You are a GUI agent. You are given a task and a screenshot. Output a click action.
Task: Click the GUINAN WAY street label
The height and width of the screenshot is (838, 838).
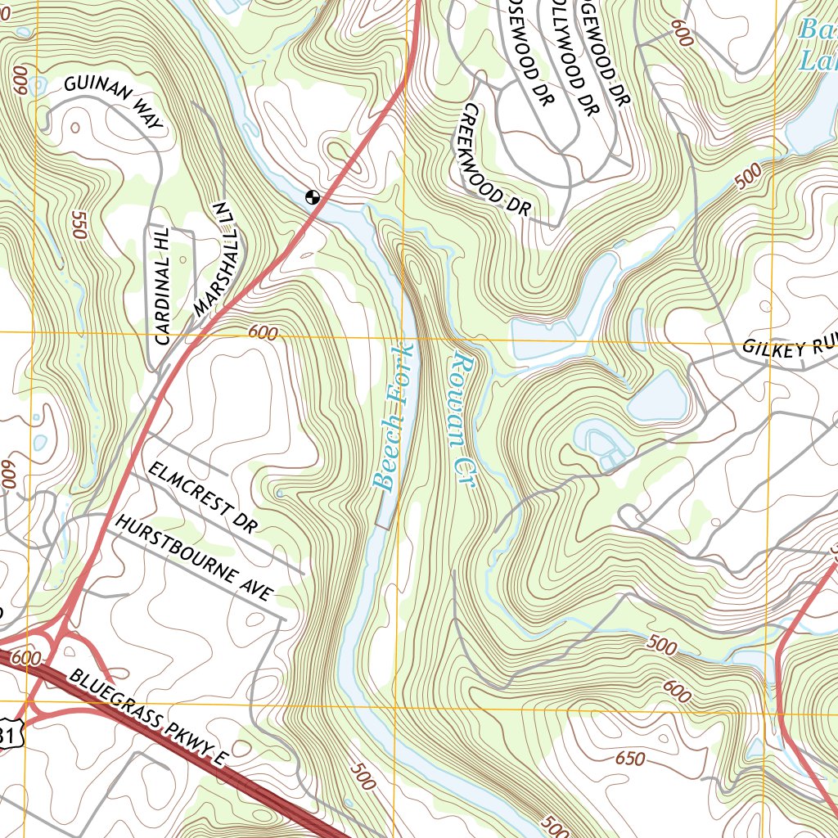click(114, 103)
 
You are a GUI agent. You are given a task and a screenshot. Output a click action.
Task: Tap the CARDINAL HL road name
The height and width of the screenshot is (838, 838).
click(160, 286)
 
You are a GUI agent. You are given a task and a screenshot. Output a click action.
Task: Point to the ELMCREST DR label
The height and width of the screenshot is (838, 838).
click(201, 498)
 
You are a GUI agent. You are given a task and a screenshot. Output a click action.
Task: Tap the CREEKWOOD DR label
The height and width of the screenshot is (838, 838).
click(495, 160)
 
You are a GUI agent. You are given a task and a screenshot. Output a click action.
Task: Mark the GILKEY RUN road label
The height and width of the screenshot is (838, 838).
click(789, 347)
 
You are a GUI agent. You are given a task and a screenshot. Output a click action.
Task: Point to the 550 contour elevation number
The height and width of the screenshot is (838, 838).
click(79, 225)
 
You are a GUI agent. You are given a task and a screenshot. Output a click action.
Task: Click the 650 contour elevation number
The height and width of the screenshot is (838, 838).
click(629, 759)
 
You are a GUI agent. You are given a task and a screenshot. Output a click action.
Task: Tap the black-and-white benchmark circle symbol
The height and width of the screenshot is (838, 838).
click(311, 196)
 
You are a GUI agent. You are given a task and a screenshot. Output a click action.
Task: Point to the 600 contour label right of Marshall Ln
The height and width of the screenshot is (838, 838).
click(261, 332)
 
